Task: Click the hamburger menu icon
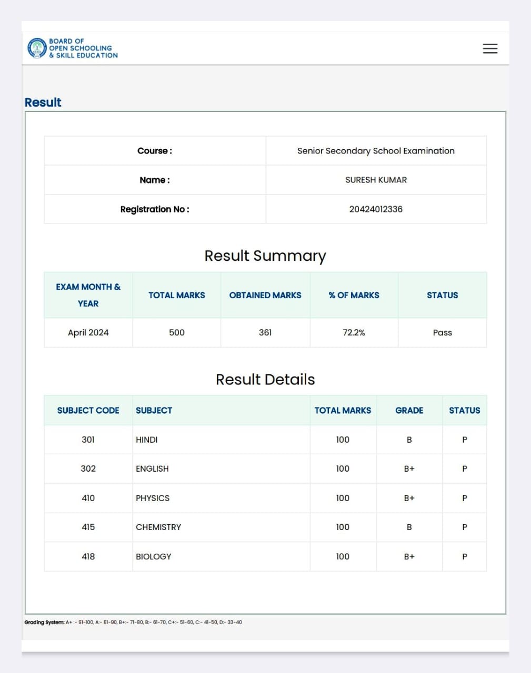click(490, 48)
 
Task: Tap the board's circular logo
click(37, 48)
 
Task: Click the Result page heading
click(43, 103)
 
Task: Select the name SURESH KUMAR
click(376, 180)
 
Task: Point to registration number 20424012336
click(376, 209)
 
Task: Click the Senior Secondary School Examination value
click(376, 151)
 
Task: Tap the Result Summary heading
click(265, 256)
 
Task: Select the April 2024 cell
click(88, 333)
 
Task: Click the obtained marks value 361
click(265, 333)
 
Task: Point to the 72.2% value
click(354, 333)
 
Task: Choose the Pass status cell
click(442, 333)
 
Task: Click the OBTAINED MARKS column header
click(265, 295)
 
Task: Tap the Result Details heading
click(265, 380)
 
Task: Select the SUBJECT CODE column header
click(88, 411)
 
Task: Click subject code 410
click(88, 498)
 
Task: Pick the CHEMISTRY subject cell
click(158, 527)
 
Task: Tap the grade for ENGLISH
click(409, 469)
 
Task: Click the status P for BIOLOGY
click(464, 557)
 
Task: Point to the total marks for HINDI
click(343, 440)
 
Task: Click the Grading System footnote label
click(44, 623)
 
